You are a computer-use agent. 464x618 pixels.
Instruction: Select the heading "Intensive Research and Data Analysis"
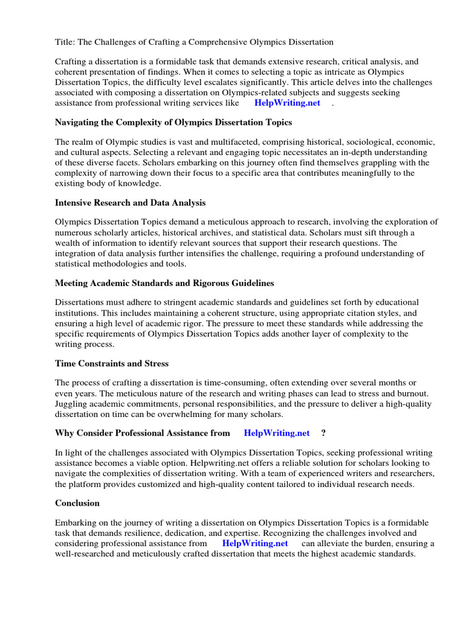(x=130, y=202)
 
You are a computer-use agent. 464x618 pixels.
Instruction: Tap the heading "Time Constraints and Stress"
(x=112, y=363)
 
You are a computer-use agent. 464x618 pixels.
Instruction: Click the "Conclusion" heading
(x=77, y=503)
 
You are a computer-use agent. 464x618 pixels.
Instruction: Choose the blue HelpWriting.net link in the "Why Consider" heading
(x=277, y=433)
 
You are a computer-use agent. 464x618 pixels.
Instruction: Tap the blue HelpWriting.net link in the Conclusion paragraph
(x=254, y=543)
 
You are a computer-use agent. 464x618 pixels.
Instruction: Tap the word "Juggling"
(x=72, y=404)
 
